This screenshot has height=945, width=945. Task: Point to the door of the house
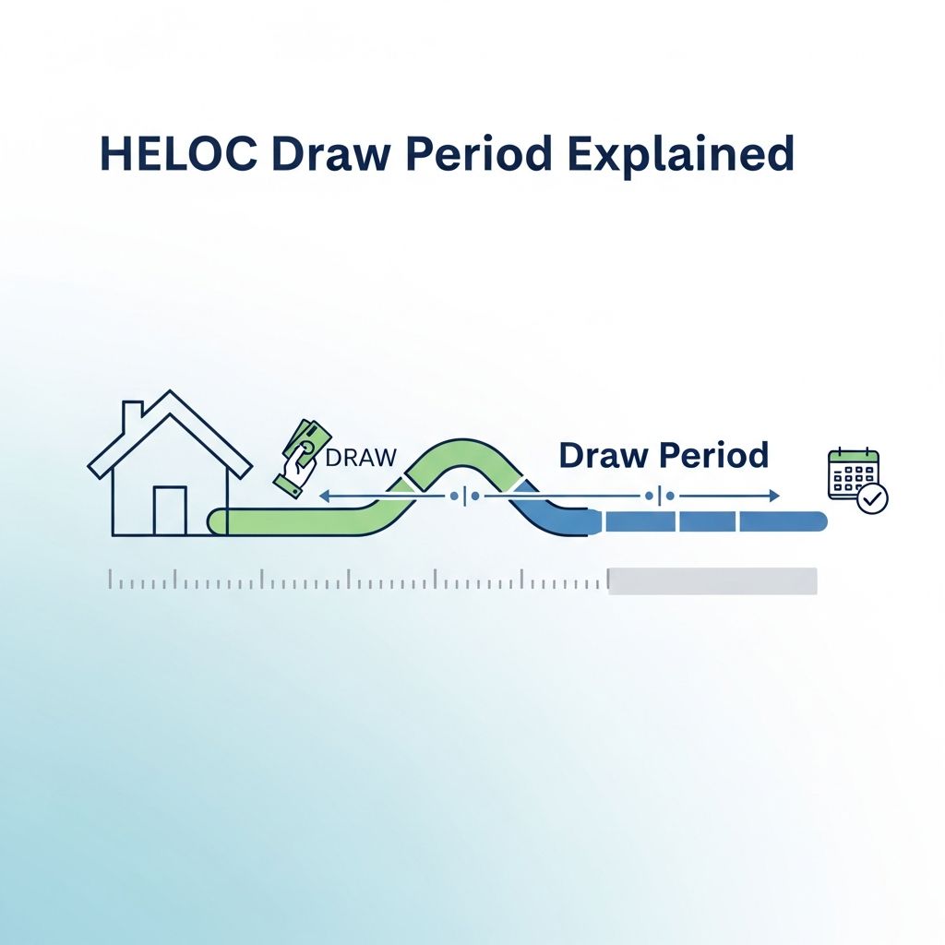(x=169, y=511)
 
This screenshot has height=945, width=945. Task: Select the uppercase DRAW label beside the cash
(x=361, y=456)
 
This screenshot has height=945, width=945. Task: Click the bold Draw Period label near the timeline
(x=663, y=455)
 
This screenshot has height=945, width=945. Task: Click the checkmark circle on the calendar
(x=872, y=499)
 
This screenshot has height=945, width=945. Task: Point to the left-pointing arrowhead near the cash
(x=323, y=496)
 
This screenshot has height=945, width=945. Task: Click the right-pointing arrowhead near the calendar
(x=773, y=496)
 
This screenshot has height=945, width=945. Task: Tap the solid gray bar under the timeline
(x=712, y=580)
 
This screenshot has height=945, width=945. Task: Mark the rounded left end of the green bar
(x=218, y=521)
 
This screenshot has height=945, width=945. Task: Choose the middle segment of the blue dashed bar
(x=707, y=521)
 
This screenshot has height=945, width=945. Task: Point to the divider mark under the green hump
(x=463, y=496)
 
